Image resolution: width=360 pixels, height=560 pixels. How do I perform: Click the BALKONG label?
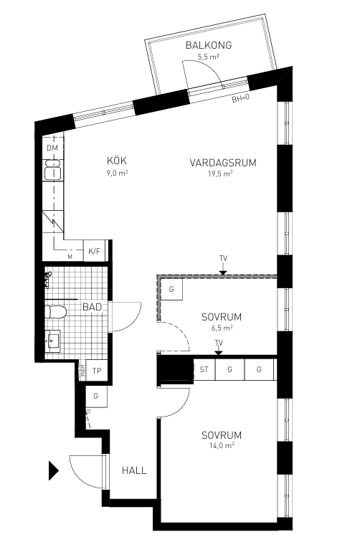point(208,45)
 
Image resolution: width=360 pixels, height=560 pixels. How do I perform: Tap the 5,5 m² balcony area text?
point(208,57)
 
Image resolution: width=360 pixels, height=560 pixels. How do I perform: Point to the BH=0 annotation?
point(240,98)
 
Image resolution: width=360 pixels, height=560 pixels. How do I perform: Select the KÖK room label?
point(117,161)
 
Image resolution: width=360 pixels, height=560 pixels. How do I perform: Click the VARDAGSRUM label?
point(223,163)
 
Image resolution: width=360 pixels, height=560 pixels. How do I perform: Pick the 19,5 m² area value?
point(221,174)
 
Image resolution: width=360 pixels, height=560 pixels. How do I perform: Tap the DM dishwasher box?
point(52,148)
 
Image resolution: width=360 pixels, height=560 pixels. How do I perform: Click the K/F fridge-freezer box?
point(94,251)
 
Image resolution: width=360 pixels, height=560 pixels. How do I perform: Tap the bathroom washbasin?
point(52,341)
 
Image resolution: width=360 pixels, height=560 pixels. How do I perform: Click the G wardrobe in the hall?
point(95,396)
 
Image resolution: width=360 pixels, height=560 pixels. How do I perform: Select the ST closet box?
point(204,369)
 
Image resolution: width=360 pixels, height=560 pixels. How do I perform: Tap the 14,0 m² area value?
point(221,445)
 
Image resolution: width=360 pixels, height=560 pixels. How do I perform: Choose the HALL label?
point(134,470)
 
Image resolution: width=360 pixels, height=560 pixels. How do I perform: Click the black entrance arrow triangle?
point(52,470)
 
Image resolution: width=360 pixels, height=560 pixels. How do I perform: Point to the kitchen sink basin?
point(52,171)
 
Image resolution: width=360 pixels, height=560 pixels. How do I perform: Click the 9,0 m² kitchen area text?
point(117,172)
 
